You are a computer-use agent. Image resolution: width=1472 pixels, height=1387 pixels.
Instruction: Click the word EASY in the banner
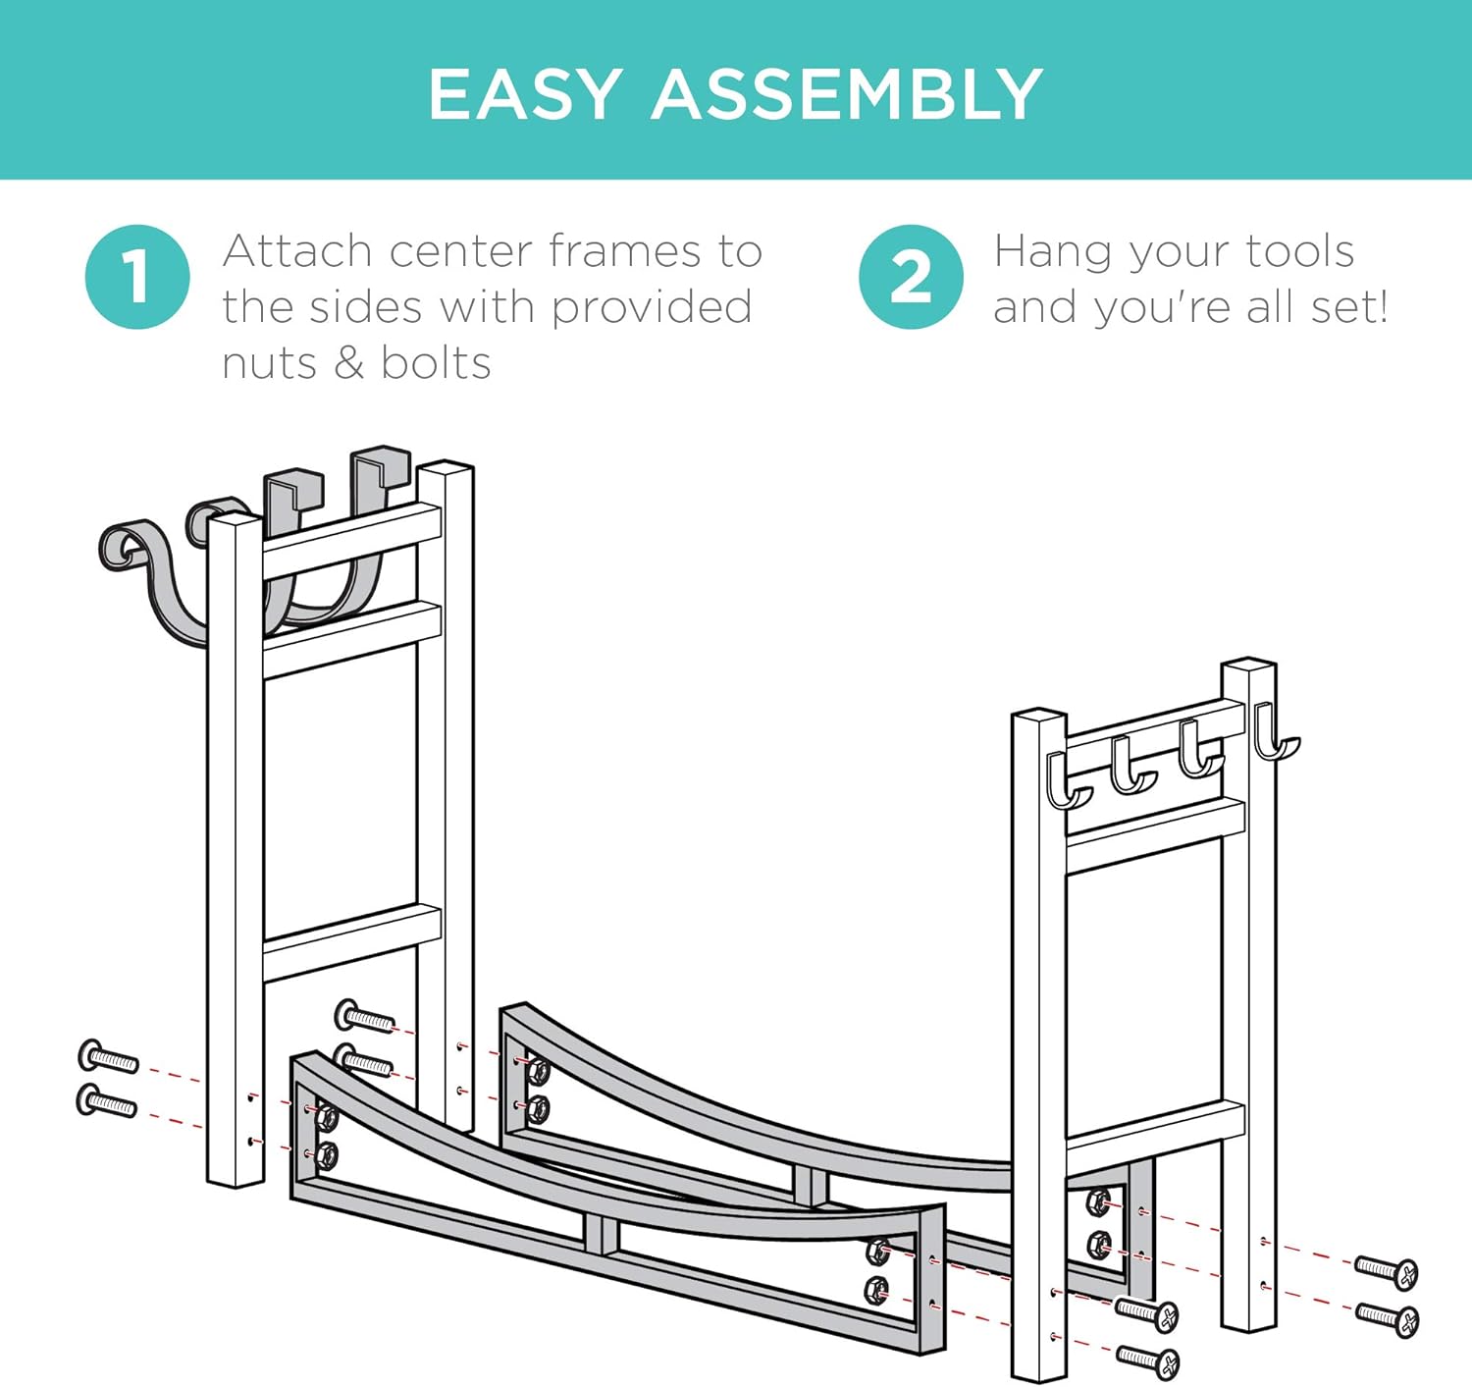click(524, 94)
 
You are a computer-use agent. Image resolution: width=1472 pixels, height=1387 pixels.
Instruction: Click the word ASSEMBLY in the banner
click(847, 94)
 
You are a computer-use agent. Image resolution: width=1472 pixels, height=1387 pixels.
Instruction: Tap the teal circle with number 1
click(137, 277)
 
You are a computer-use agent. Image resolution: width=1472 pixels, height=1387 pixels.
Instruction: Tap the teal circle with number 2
click(911, 277)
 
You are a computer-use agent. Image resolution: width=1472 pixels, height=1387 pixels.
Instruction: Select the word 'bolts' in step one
click(436, 363)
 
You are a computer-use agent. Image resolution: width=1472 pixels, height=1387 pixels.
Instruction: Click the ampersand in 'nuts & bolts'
click(348, 363)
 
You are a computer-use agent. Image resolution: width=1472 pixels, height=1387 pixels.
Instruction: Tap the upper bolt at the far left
click(108, 1057)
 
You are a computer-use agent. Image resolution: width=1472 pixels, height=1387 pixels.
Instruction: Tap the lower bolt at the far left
click(107, 1101)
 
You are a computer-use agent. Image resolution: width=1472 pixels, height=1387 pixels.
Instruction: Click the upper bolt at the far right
click(1387, 1272)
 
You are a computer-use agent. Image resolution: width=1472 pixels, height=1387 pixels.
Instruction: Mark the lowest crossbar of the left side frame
click(352, 943)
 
